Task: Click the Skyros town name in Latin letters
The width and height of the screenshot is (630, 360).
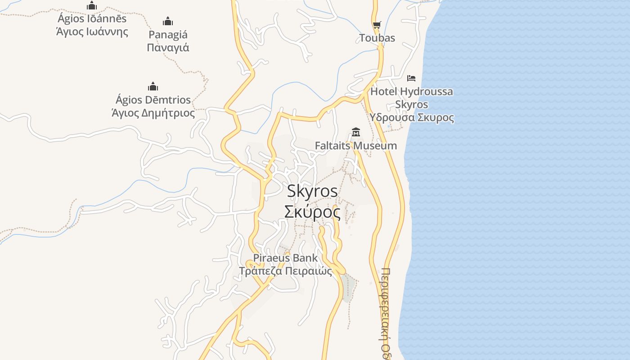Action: point(312,191)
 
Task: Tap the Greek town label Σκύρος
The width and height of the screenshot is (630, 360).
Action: point(312,211)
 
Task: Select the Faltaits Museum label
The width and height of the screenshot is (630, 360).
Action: point(355,146)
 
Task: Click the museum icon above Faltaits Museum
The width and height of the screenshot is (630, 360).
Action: point(356,132)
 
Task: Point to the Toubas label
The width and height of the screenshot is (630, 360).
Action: point(377,38)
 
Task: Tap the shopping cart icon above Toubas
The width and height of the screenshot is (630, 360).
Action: point(377,25)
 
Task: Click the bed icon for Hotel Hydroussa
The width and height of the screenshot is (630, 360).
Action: point(411,78)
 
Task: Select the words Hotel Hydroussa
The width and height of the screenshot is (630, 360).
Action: point(411,92)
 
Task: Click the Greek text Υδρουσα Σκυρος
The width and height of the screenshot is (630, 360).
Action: point(411,118)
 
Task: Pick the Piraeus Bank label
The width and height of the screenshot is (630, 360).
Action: point(285,258)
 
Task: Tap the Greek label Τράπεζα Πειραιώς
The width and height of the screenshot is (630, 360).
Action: point(285,271)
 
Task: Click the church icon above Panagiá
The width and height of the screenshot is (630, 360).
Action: point(168,21)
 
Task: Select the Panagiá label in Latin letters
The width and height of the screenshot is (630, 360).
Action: point(168,35)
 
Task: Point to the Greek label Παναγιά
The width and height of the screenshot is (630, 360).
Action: point(168,48)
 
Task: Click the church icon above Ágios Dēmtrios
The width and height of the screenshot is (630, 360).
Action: point(153,86)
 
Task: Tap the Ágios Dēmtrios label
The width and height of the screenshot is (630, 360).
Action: point(153,100)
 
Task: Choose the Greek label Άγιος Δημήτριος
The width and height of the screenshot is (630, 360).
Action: point(153,113)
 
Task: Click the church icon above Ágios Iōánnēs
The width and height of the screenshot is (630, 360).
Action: point(92,5)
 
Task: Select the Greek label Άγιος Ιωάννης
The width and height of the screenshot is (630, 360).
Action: point(92,32)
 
